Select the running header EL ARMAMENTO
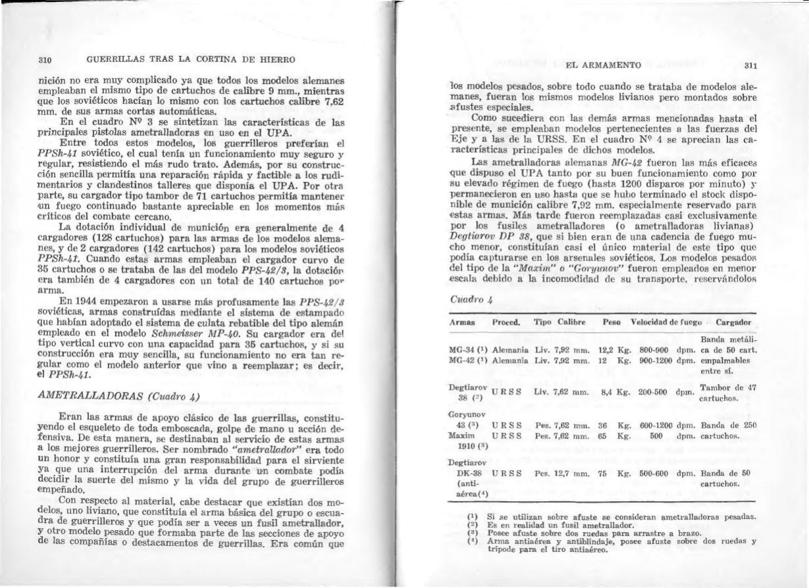(603, 65)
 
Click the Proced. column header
(506, 322)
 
